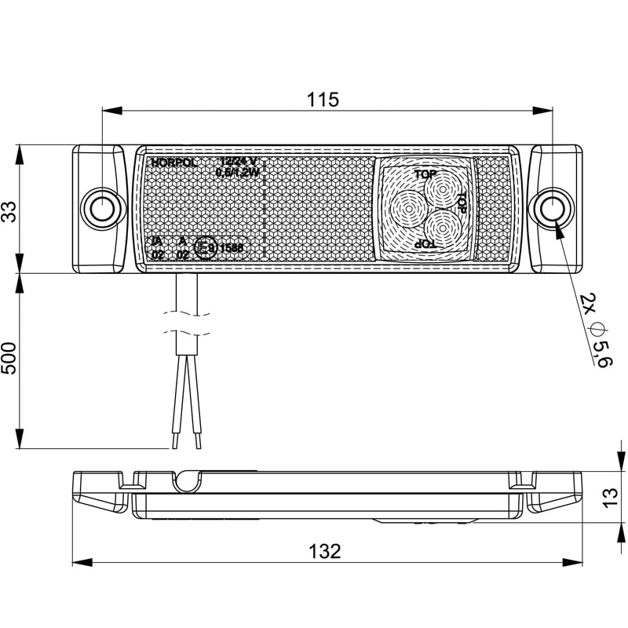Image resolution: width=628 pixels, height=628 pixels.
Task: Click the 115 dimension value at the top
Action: pos(323,100)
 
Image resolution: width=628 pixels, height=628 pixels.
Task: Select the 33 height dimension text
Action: pos(9,210)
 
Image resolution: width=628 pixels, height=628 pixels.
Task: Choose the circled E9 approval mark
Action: pos(206,248)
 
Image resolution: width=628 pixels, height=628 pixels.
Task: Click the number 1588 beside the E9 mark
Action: pos(232,248)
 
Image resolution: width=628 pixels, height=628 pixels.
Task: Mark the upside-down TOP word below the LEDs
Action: pos(425,245)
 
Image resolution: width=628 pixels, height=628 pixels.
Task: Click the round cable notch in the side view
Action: pos(186,480)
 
